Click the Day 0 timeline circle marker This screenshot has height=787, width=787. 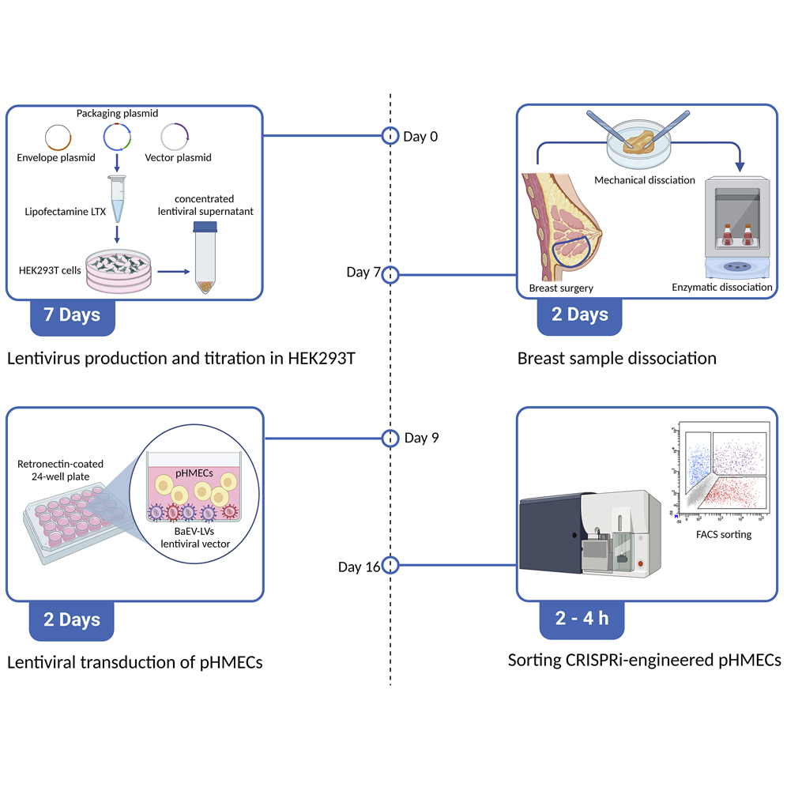pos(390,136)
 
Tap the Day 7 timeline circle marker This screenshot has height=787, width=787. pos(390,274)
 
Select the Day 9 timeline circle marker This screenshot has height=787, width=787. pos(390,438)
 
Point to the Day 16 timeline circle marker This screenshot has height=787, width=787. pos(390,566)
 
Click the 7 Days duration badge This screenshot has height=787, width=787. pos(72,314)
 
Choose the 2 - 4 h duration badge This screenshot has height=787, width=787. pos(582,618)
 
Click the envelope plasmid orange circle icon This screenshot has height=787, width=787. pos(57,137)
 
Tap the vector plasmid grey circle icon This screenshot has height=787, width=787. pos(175,137)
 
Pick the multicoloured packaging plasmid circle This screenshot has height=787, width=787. pos(116,137)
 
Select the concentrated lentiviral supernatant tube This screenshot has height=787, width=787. pos(205,258)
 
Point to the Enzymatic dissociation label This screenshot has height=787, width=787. pos(721,287)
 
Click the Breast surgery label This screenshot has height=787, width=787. pos(562,288)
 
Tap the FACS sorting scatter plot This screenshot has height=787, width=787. pos(719,474)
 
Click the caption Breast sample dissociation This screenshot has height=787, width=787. pos(616,358)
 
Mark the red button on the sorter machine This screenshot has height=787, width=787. pos(640,565)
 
